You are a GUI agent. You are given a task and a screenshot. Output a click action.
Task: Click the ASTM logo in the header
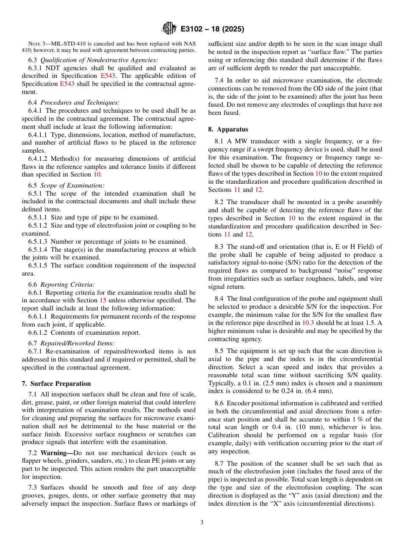[x=169, y=29]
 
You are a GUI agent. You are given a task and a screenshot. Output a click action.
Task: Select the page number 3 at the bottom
[x=202, y=522]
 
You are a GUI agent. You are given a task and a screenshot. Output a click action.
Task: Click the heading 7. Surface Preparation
[x=56, y=383]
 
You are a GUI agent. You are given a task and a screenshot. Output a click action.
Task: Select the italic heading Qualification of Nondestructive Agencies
[x=99, y=60]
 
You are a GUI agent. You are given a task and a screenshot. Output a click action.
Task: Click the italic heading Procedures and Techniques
[x=80, y=103]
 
